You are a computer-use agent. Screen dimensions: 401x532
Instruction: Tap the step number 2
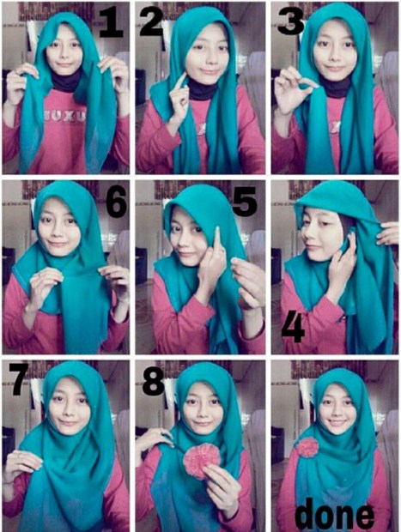pos(152,21)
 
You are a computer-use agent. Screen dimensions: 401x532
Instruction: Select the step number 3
pos(290,20)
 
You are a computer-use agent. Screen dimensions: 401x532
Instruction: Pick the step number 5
pos(245,202)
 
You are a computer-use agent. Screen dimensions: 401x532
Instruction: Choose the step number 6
pos(116,202)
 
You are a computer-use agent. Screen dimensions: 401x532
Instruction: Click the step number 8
pos(154,382)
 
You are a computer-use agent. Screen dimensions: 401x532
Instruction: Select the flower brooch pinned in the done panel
pos(307,447)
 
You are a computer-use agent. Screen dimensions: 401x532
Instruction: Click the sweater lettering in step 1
pos(64,117)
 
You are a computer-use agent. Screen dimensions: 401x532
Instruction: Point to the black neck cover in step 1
pos(65,82)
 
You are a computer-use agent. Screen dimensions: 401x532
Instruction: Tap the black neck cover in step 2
pos(203,90)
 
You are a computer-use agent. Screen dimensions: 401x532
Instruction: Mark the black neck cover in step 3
pos(336,86)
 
